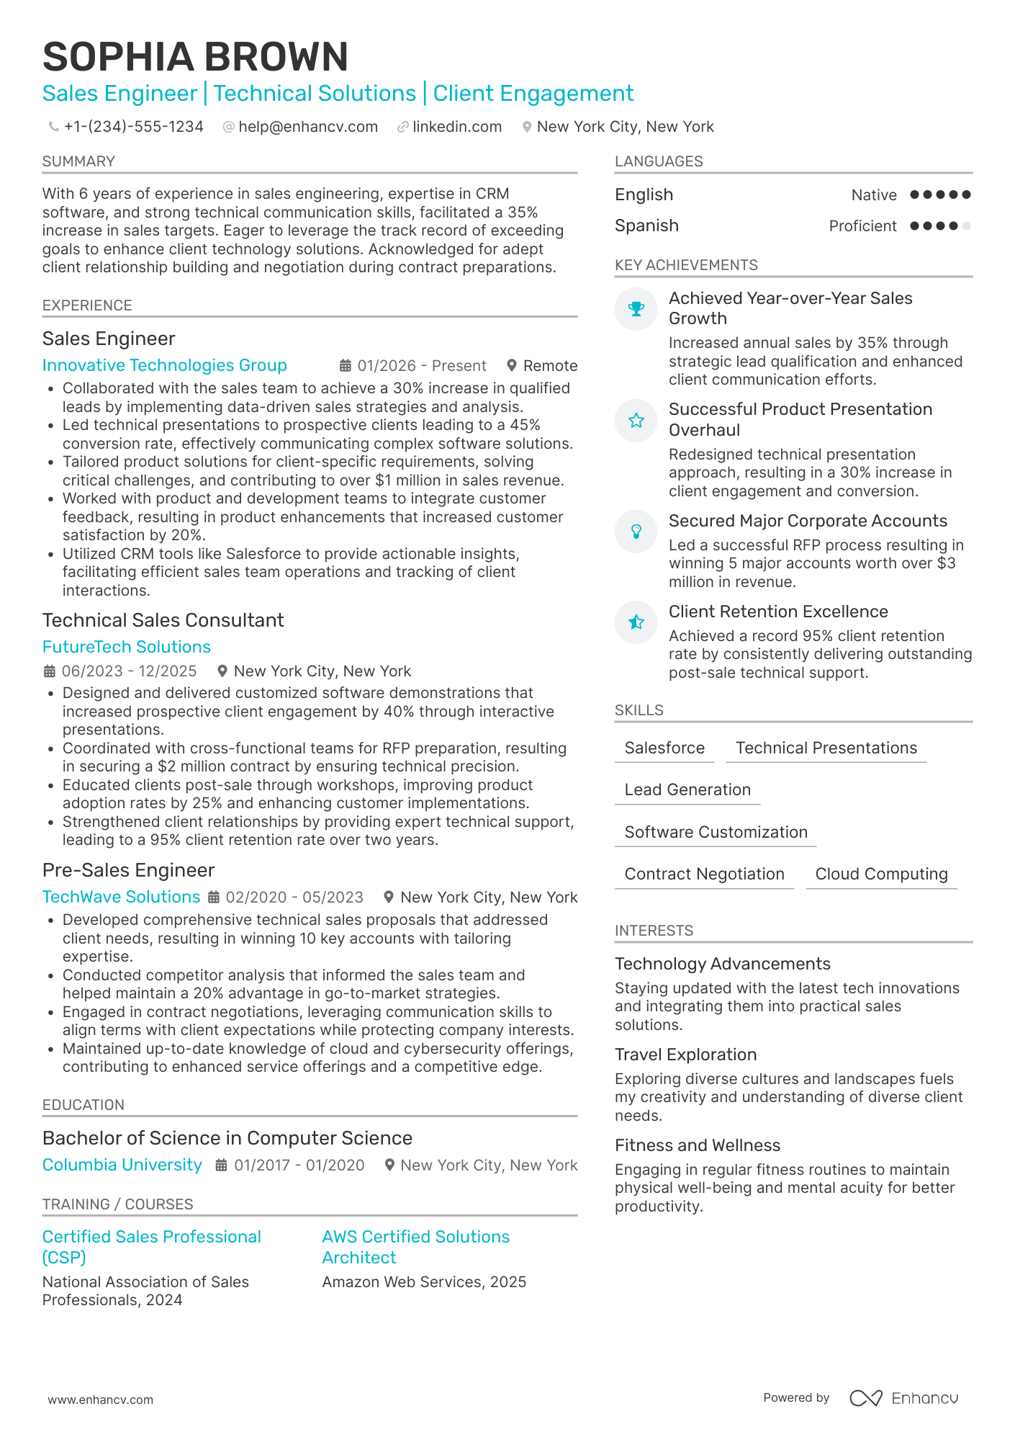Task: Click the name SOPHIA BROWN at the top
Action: coord(195,57)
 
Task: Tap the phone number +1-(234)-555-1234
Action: coord(133,127)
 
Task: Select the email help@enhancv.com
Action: coord(307,127)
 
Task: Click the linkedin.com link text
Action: coord(456,127)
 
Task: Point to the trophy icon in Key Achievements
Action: coord(636,309)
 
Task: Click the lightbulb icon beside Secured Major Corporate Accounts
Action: coord(636,532)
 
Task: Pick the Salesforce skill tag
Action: coord(664,748)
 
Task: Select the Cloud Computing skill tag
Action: coord(880,874)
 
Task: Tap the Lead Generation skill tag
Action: coord(687,789)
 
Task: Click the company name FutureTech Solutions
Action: coord(126,647)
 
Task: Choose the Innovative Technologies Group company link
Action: coord(164,365)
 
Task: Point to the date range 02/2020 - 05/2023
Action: coord(294,897)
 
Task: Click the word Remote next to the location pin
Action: coord(550,366)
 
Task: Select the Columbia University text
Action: coord(122,1165)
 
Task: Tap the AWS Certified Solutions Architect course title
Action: coord(415,1247)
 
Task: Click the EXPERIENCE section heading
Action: coord(87,305)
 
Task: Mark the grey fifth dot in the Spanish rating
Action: coord(966,226)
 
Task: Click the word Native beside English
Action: coord(873,195)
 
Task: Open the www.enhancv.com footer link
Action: coord(100,1400)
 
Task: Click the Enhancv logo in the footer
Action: coord(903,1398)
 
